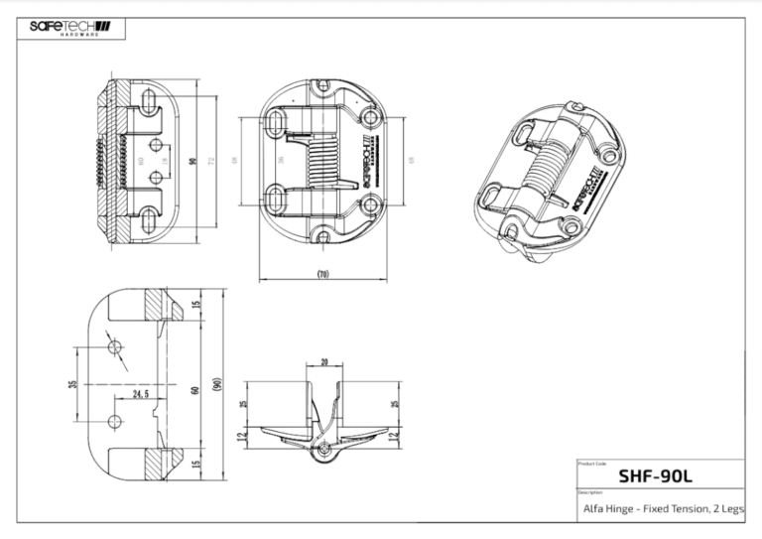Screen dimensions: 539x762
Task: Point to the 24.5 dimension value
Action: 140,394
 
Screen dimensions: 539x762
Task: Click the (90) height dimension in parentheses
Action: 216,384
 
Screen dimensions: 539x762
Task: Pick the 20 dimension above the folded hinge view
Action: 323,363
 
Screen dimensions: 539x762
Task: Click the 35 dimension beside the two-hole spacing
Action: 72,384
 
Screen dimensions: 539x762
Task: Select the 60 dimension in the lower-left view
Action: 194,386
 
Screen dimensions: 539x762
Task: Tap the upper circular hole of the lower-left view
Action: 116,346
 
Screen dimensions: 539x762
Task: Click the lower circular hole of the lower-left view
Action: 116,421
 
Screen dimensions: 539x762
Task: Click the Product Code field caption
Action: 592,463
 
